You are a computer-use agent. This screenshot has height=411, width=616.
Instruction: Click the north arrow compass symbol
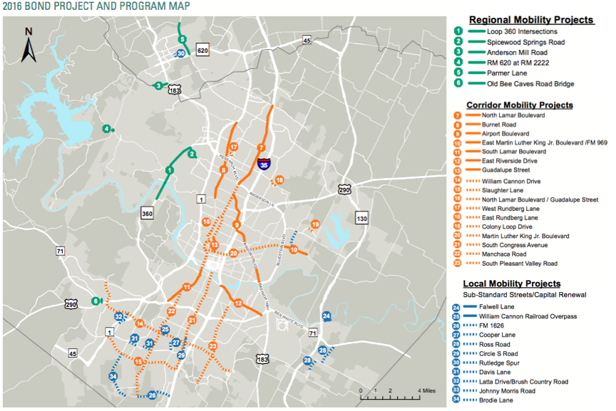[x=29, y=46]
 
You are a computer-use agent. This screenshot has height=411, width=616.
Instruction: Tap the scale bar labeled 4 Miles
[x=391, y=396]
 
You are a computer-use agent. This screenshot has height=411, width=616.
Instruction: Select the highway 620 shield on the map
[x=202, y=51]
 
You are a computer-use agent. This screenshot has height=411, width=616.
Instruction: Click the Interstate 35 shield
[x=265, y=164]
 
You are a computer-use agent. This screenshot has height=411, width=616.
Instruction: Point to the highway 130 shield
[x=362, y=218]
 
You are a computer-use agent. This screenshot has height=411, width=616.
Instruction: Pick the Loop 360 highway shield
[x=148, y=212]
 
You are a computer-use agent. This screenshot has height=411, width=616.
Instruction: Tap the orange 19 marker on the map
[x=315, y=225]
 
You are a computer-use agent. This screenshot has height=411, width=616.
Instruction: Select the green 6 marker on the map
[x=96, y=301]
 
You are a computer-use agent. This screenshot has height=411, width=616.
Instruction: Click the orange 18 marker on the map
[x=279, y=180]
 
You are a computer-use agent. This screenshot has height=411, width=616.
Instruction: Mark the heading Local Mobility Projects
[x=512, y=283]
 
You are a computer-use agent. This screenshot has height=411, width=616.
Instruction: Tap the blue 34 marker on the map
[x=113, y=377]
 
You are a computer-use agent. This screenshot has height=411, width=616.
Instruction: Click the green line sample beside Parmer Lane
[x=475, y=73]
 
